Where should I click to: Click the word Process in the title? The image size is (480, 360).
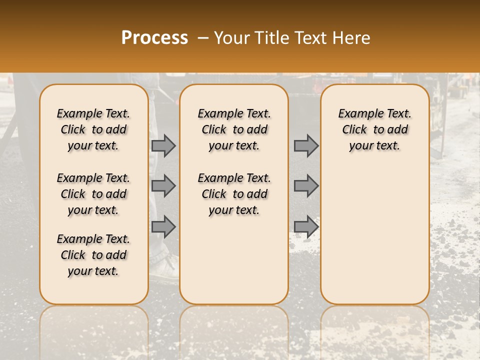pos(154,38)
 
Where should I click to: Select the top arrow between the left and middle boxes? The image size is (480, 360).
pos(163,145)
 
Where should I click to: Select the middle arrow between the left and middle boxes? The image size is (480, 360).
pos(163,186)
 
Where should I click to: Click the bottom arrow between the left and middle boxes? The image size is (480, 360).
pos(163,226)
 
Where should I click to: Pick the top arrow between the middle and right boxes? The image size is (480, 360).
pos(306,145)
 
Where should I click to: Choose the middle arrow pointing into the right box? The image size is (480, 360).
pos(306,186)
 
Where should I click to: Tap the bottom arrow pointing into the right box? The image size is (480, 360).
pos(306,226)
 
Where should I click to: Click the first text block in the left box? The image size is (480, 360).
pos(93,129)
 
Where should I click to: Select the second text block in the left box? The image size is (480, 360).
pos(93,194)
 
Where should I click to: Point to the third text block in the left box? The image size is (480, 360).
pos(93,255)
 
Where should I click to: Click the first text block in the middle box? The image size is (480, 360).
pos(234,129)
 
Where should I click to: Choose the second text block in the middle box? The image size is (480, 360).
pos(234,194)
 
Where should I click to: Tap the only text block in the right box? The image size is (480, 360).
pos(374,129)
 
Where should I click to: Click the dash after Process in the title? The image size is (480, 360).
pos(202,38)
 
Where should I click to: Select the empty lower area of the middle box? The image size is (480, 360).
pos(234,260)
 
